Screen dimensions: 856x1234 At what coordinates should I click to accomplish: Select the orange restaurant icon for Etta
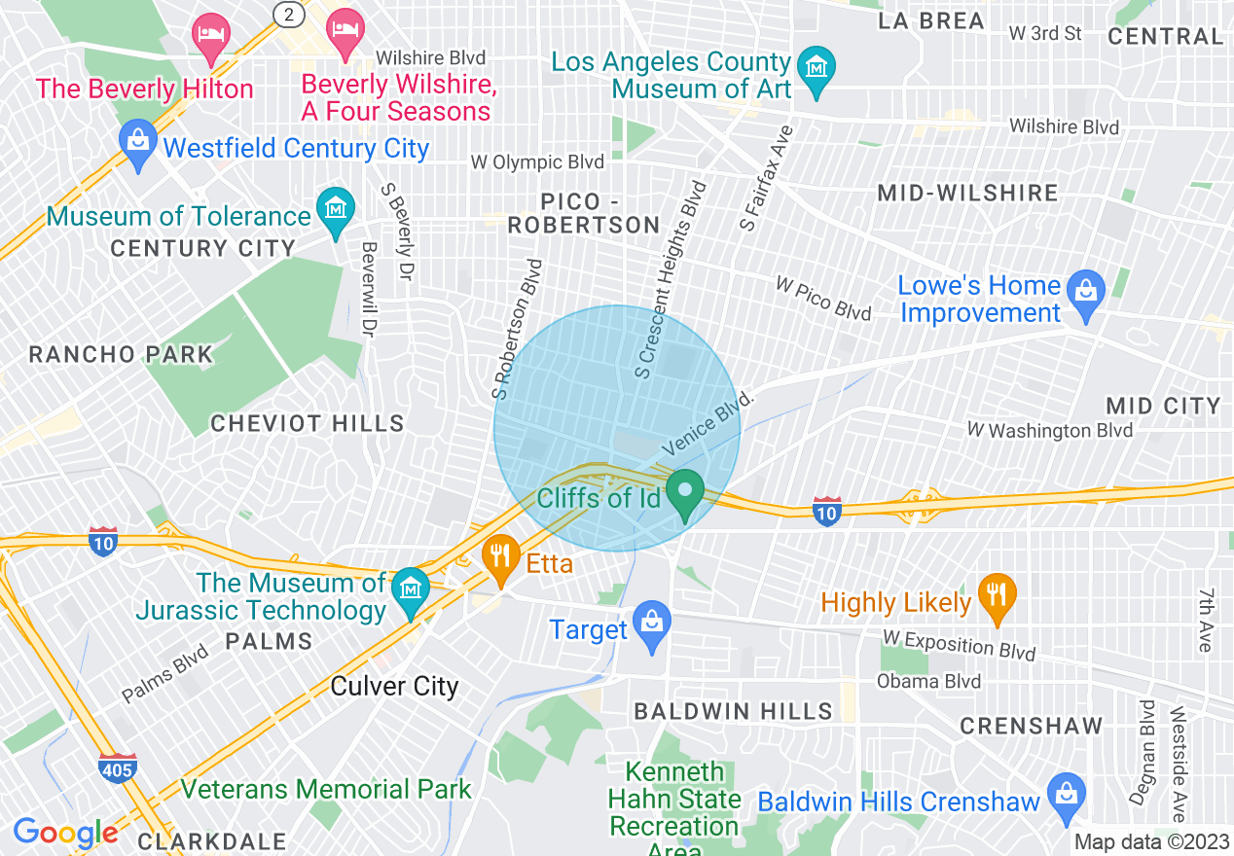(500, 558)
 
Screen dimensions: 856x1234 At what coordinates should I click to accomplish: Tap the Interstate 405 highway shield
(116, 767)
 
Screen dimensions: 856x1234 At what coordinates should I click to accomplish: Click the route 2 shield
(288, 14)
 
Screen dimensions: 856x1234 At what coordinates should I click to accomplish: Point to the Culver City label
(394, 687)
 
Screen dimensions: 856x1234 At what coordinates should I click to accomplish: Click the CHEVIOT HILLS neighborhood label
(307, 423)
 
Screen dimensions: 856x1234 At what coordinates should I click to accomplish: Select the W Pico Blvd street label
(822, 298)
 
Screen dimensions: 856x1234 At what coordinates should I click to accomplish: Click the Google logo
(66, 833)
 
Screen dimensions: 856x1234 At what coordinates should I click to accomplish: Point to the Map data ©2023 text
(1151, 842)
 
